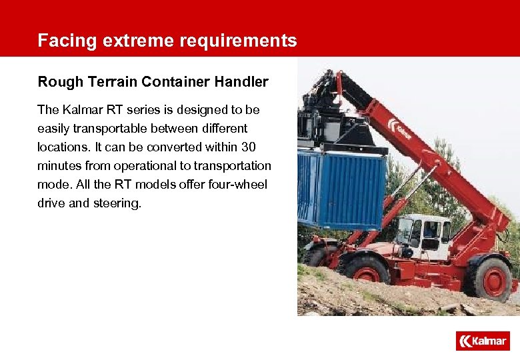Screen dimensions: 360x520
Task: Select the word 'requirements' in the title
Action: click(238, 41)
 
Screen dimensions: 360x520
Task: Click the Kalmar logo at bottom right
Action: click(483, 341)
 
